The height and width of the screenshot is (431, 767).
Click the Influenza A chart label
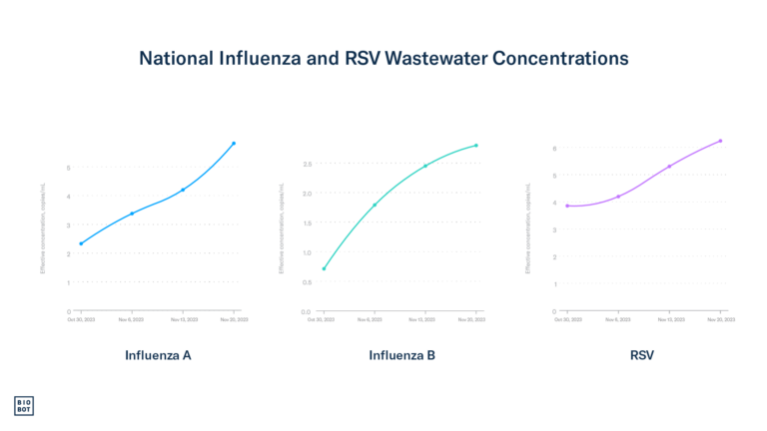coord(158,354)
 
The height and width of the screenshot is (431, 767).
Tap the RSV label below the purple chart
coord(643,354)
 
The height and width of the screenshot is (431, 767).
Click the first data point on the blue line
coord(81,243)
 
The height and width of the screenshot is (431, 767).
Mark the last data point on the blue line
coord(234,144)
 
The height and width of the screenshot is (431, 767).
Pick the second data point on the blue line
coord(132,214)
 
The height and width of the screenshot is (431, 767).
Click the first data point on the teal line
coord(324,268)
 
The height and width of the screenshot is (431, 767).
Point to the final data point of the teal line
coord(476,146)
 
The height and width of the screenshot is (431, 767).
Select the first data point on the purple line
coord(567,206)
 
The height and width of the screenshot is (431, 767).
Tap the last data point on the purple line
coord(720,141)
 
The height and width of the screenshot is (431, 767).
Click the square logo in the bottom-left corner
coord(24,405)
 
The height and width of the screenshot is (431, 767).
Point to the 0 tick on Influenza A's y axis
coord(69,311)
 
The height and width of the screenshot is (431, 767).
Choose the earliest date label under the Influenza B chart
coord(322,320)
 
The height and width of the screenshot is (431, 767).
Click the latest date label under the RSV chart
coord(722,320)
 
